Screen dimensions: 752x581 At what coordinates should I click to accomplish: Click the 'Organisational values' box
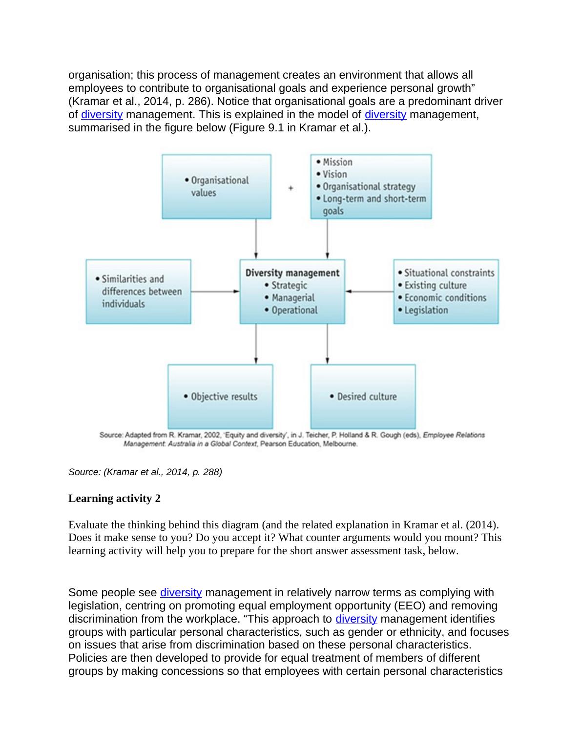216,187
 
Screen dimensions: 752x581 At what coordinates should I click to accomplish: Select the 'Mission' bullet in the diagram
337,162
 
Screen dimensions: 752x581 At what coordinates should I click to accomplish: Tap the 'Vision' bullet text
334,174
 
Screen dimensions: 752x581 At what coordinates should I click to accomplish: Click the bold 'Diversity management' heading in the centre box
292,273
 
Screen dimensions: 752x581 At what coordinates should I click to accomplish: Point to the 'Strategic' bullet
289,285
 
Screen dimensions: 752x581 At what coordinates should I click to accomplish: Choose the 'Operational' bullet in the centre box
294,310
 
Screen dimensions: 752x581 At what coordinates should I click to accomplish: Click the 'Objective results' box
220,397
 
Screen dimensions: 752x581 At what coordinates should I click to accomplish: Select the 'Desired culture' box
363,397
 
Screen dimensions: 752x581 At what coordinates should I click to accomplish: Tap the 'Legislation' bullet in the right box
426,310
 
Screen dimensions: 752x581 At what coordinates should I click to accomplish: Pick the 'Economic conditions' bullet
445,298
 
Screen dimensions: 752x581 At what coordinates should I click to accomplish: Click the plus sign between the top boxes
291,188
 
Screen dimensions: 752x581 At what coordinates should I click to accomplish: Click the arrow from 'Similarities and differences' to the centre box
215,292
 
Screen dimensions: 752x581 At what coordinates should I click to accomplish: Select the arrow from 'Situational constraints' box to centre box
370,292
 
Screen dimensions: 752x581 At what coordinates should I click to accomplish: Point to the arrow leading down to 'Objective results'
256,344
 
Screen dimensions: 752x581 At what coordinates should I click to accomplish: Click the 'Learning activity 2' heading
114,499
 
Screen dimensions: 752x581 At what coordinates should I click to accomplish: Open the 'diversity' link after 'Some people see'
181,593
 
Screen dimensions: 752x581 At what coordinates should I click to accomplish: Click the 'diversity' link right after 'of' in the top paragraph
102,115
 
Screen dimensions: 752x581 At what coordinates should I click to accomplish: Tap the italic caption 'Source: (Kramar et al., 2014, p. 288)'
145,472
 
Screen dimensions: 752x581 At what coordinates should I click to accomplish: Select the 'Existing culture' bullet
435,286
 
